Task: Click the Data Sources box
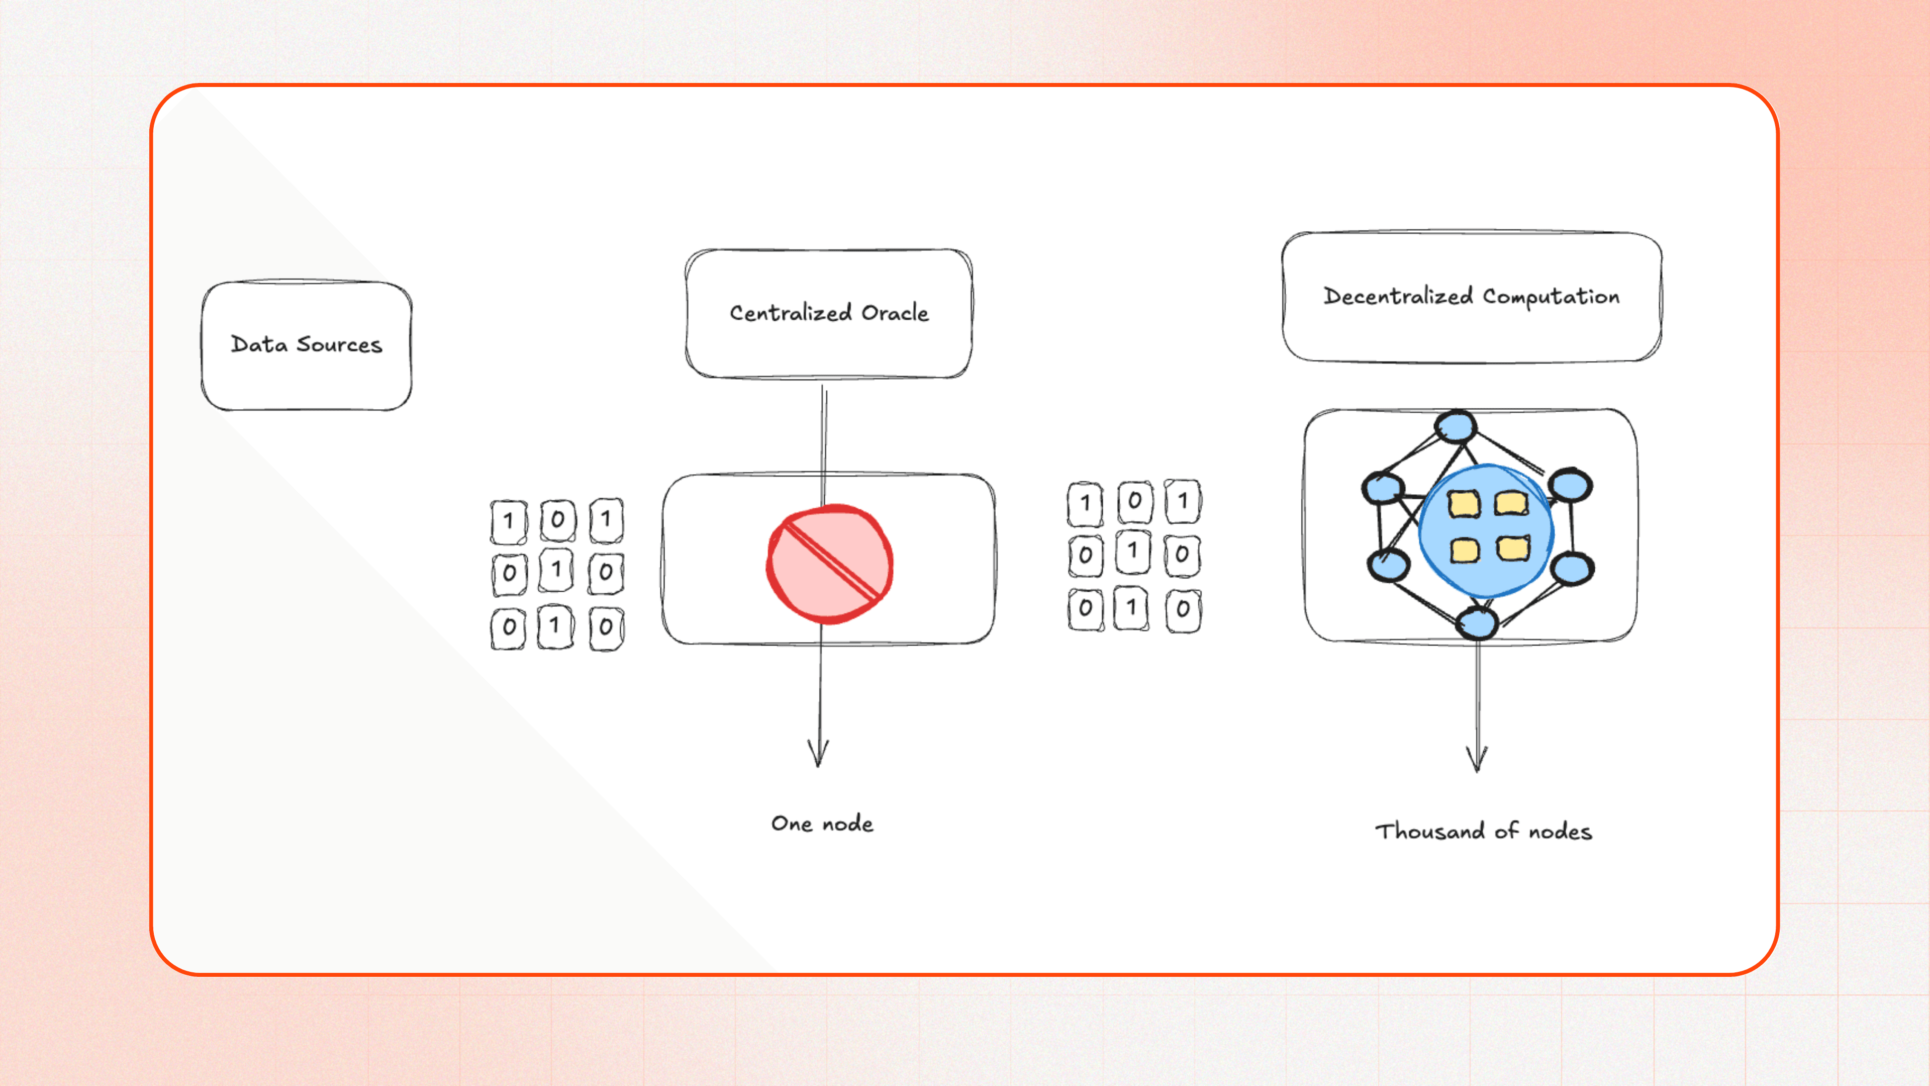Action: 307,345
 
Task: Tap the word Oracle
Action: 895,313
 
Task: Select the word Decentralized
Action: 1398,296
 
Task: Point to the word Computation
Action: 1551,297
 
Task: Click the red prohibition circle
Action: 829,564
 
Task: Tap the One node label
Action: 822,824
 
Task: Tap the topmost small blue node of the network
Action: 1456,428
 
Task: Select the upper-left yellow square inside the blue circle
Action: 1463,504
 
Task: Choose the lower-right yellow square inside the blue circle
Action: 1513,549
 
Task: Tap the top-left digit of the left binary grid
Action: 509,521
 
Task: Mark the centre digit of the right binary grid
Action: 1133,553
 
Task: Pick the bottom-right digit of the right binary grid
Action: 1183,609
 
